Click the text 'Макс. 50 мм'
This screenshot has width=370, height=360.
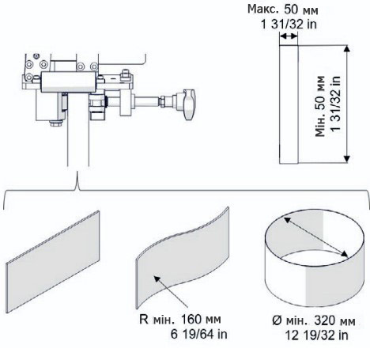point(283,9)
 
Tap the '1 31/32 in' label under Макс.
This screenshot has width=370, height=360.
point(289,25)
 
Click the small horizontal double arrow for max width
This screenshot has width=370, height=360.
point(289,36)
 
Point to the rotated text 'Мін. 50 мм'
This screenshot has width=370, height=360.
point(320,106)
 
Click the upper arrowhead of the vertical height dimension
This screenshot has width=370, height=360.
point(347,48)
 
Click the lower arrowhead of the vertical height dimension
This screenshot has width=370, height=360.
point(347,159)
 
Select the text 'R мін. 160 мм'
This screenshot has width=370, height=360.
point(180,320)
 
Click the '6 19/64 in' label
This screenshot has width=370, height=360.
point(198,335)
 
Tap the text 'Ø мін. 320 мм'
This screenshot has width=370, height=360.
point(314,321)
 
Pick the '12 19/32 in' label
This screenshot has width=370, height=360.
point(316,335)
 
